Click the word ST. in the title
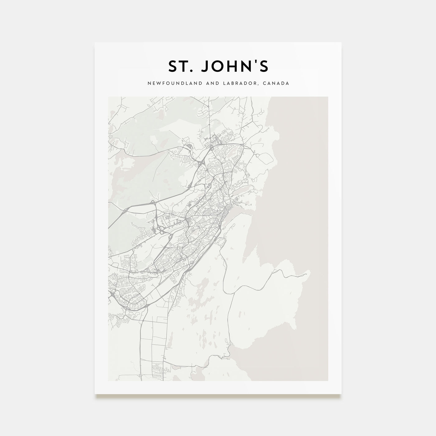180,66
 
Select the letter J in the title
204,66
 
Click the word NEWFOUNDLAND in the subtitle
168,83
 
